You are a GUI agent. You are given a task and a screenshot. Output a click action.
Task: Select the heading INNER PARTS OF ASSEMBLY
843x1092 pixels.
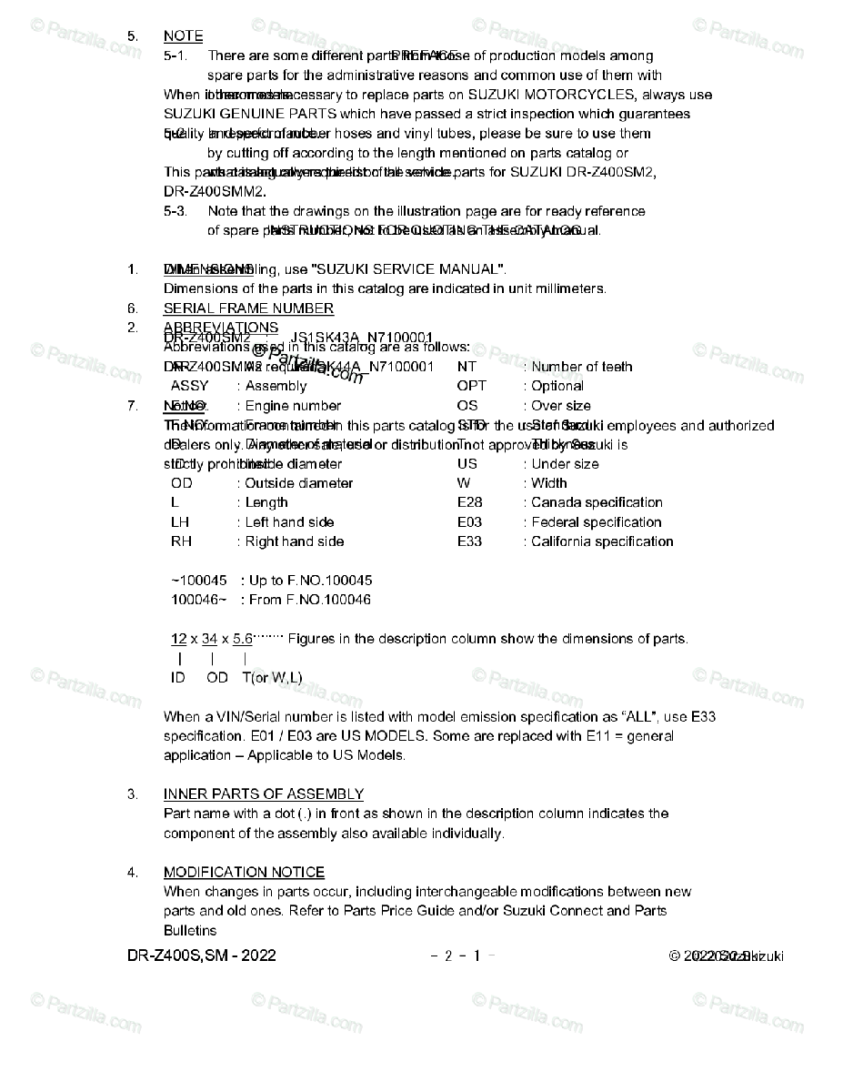(x=263, y=794)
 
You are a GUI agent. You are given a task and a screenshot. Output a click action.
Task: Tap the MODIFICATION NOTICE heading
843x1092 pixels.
(x=244, y=872)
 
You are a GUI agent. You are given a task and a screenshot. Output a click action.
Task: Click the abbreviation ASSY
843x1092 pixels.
(x=189, y=386)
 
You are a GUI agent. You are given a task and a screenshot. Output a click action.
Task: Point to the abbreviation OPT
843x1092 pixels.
(x=471, y=386)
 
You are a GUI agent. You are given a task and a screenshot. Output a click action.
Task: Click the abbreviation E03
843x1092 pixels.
(x=469, y=522)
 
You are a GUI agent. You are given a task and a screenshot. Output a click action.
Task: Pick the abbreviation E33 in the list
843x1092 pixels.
(x=469, y=541)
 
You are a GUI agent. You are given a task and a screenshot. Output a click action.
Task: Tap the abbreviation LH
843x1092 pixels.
(x=180, y=522)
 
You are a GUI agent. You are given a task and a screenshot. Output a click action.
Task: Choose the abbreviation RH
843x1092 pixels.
(x=181, y=541)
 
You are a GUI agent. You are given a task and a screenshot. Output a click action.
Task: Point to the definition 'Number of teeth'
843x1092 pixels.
(x=582, y=367)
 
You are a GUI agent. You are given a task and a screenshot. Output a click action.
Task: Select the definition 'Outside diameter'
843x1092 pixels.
(x=298, y=483)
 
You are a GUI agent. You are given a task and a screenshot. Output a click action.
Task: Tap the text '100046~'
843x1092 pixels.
(x=199, y=600)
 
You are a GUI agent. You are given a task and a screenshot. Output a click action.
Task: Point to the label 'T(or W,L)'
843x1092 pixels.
(x=272, y=677)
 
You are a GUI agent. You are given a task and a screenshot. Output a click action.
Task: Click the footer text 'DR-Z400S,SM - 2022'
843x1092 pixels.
(x=202, y=955)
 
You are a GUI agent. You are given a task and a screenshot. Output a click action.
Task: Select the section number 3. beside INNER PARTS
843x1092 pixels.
(x=133, y=794)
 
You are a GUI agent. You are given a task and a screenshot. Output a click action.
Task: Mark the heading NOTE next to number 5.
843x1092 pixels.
(x=183, y=36)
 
